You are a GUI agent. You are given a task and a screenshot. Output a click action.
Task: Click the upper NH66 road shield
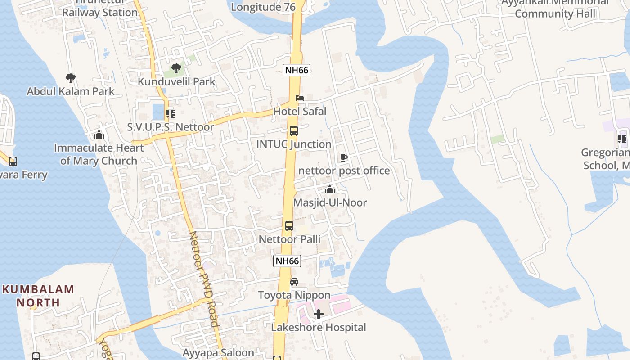coord(297,70)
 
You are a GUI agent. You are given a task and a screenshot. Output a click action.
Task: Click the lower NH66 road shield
coord(287,261)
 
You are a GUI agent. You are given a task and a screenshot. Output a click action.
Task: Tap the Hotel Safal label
coord(300,111)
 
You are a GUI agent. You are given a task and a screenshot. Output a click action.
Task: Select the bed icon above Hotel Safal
coord(299,98)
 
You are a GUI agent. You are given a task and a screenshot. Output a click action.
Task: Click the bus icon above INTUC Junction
coord(294,131)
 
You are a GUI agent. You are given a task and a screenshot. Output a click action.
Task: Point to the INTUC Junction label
coord(294,144)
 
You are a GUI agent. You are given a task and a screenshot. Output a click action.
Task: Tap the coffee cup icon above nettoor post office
coord(343,157)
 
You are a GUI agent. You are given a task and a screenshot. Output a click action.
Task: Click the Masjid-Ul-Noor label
coord(330,203)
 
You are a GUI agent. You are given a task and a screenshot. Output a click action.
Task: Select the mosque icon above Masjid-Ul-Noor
coord(330,189)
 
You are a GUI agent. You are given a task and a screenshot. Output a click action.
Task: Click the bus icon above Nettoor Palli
coord(289,226)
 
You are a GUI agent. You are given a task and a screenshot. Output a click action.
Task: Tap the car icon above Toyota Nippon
coord(294,282)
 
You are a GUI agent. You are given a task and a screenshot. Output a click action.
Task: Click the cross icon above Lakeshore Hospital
coord(319,314)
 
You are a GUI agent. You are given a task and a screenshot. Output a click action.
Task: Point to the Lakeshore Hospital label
coord(319,328)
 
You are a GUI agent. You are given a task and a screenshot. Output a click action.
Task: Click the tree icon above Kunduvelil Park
coord(176,68)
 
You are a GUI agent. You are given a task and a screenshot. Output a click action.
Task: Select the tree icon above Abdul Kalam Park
coord(71,78)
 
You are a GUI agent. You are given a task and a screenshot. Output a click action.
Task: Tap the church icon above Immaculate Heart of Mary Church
coord(99,135)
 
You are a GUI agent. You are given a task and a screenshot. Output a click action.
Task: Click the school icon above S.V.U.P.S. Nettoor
coord(170,114)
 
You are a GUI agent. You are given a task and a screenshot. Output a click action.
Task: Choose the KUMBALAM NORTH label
coord(38,296)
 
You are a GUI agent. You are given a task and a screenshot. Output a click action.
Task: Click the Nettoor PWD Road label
coord(203,279)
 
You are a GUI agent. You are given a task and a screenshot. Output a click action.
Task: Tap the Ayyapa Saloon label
coord(218,353)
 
